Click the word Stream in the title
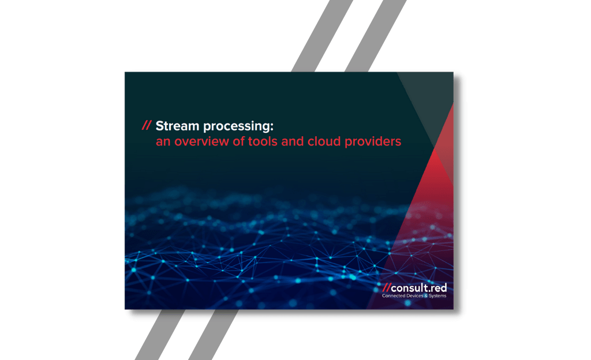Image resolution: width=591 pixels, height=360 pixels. click(x=177, y=126)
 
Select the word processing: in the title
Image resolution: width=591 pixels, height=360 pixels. click(x=238, y=126)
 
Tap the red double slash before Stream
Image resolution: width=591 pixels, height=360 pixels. click(x=147, y=125)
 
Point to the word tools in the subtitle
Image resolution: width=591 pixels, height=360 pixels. click(x=263, y=141)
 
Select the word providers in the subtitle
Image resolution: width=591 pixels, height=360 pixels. click(x=373, y=142)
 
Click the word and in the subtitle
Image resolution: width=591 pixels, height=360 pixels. click(x=293, y=141)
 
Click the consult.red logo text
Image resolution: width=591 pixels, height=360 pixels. click(x=419, y=288)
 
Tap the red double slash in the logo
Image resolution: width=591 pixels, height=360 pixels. click(x=386, y=288)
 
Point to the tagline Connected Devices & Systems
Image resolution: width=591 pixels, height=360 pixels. click(x=414, y=296)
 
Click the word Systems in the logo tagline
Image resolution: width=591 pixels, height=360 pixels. click(x=437, y=296)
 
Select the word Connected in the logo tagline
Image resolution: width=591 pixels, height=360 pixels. click(x=392, y=296)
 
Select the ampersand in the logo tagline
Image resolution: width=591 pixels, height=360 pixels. click(x=426, y=296)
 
